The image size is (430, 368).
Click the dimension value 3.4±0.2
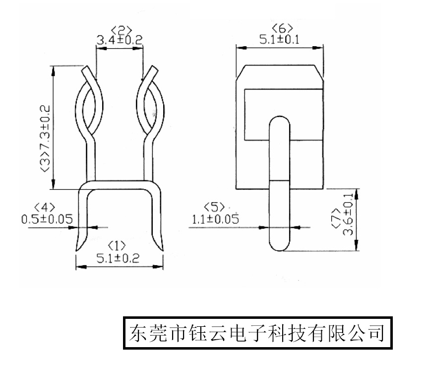pos(119,40)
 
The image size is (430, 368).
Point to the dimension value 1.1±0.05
pos(215,218)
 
